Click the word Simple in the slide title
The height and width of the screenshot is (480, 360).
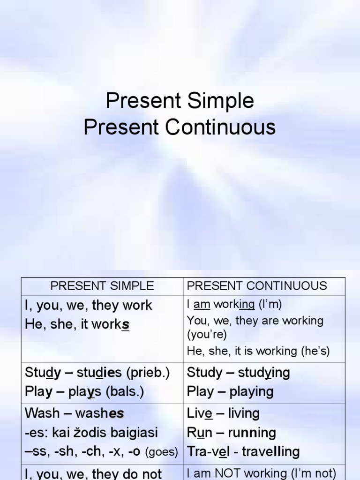tap(223, 101)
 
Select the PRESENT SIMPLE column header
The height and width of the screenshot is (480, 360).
tap(102, 285)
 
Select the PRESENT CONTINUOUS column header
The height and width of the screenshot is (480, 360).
tap(257, 285)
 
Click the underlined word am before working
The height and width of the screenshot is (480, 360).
tap(202, 305)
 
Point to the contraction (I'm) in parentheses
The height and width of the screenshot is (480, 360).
tap(270, 305)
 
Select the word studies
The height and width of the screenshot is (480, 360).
tap(99, 373)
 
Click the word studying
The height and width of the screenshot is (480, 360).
tap(264, 373)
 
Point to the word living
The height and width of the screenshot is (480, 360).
tap(244, 413)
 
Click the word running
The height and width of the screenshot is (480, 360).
tap(252, 433)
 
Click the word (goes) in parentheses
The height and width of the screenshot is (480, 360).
tap(162, 452)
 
